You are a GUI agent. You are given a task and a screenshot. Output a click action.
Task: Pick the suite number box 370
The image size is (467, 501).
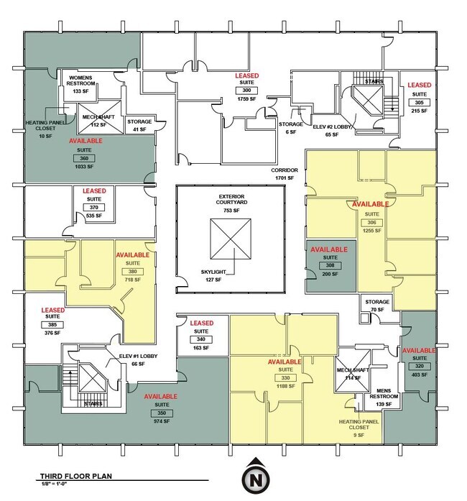[93, 207]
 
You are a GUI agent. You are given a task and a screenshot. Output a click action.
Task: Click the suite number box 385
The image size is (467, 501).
[52, 325]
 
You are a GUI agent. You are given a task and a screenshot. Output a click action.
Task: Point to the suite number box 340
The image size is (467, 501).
[201, 339]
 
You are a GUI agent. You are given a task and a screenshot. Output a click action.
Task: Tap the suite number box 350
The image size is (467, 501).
[161, 413]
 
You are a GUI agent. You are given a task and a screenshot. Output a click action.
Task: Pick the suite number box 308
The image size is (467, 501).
[330, 266]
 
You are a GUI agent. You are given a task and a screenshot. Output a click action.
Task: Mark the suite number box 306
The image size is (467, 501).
[370, 222]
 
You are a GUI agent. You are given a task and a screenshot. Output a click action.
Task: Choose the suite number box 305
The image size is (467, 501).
[419, 102]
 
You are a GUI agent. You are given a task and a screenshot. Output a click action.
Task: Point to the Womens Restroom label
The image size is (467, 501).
[85, 81]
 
